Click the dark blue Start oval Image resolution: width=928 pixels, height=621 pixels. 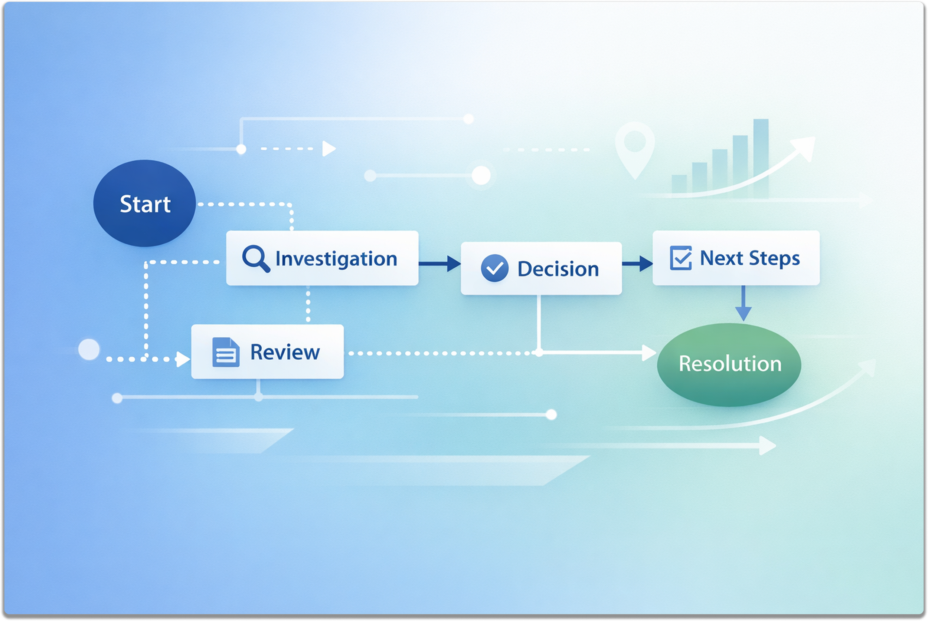pyautogui.click(x=144, y=203)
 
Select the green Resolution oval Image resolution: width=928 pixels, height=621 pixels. pyautogui.click(x=729, y=364)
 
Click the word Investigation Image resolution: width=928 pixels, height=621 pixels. pyautogui.click(x=336, y=259)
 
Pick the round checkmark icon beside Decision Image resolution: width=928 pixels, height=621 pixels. pyautogui.click(x=494, y=268)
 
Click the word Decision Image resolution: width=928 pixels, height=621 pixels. pyautogui.click(x=558, y=269)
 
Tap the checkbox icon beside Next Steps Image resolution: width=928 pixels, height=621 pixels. pyautogui.click(x=681, y=258)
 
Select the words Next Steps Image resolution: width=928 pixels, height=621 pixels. pyautogui.click(x=749, y=258)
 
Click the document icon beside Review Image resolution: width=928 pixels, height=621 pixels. pyautogui.click(x=226, y=352)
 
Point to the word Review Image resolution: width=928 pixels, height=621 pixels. pyautogui.click(x=285, y=352)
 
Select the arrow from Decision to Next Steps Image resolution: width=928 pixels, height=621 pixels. pyautogui.click(x=637, y=263)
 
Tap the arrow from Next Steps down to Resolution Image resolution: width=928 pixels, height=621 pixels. pyautogui.click(x=743, y=303)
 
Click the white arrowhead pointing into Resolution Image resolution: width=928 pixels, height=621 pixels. pyautogui.click(x=648, y=353)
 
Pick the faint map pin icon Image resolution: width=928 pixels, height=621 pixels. pyautogui.click(x=635, y=148)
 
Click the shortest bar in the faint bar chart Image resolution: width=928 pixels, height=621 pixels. pyautogui.click(x=679, y=184)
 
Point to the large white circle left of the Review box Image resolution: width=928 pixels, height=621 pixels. pyautogui.click(x=89, y=349)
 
